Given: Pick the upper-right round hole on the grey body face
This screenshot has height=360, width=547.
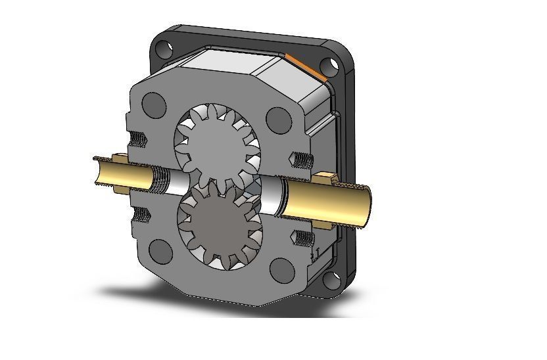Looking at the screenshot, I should tap(279, 118).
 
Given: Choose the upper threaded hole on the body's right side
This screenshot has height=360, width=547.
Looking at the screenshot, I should tap(300, 159).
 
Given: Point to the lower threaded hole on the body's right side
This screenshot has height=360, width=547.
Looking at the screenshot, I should tap(303, 236).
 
